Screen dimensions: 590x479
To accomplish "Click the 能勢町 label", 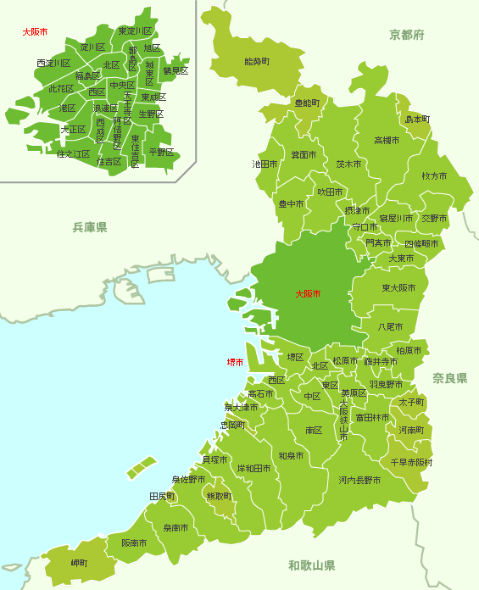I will [x=256, y=62].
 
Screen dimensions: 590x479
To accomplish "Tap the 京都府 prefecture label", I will [x=406, y=36].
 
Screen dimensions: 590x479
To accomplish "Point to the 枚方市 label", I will [x=434, y=175].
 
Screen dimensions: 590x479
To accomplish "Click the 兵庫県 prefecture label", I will [x=89, y=227].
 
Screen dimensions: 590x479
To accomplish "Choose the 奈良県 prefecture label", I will [x=449, y=378].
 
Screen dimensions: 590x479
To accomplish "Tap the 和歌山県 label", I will [x=311, y=565].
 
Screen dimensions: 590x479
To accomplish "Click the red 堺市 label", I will [x=235, y=363].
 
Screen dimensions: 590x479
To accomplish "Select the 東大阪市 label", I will [x=398, y=288].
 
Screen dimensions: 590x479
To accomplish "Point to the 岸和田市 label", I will [x=253, y=468].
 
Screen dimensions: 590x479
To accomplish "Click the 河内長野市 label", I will [x=359, y=481].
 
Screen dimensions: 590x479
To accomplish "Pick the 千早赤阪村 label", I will [x=411, y=462].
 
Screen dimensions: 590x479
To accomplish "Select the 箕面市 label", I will [x=304, y=155].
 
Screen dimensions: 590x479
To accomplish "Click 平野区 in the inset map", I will [x=161, y=153].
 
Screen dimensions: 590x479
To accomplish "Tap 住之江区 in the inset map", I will [x=74, y=154].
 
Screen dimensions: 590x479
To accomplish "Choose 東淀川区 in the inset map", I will [x=134, y=31].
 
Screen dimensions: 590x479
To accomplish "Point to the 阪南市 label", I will [x=134, y=543].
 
